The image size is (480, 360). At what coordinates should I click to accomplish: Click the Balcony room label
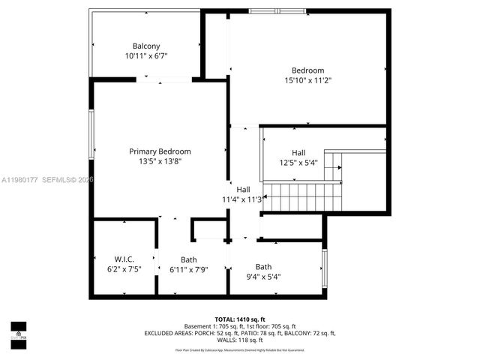click(145, 46)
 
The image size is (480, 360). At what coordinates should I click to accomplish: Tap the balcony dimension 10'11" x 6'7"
click(145, 56)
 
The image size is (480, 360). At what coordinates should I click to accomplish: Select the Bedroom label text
click(307, 70)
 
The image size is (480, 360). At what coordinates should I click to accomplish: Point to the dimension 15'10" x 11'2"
click(307, 80)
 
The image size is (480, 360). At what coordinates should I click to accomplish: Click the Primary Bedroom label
click(160, 151)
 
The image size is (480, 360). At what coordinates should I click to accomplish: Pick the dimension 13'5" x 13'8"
click(160, 160)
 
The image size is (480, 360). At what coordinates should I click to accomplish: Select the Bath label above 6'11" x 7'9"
click(188, 259)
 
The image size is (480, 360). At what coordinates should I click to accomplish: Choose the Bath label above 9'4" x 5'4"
click(263, 266)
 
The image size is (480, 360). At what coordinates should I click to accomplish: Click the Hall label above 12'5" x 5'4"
click(298, 152)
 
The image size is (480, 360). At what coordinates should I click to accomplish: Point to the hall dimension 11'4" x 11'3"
click(241, 199)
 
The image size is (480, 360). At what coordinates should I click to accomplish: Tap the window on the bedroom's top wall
click(272, 11)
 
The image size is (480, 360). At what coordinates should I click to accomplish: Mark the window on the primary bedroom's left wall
click(92, 134)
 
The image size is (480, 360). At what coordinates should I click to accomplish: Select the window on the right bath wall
click(324, 268)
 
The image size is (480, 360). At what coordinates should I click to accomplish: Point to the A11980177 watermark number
click(19, 180)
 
